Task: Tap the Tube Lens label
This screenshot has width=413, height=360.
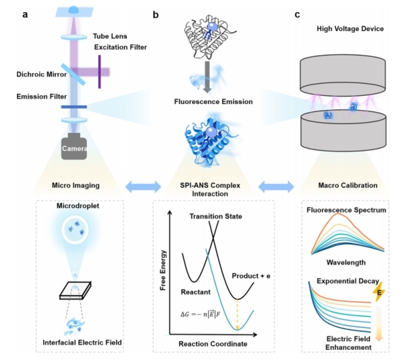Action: point(110,36)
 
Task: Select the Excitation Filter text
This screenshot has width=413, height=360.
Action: point(121,47)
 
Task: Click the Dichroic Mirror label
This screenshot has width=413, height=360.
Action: point(42,74)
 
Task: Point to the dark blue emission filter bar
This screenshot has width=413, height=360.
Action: point(74,107)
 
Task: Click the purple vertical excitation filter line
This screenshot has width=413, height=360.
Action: point(100,72)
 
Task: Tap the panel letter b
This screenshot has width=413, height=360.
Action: point(156,15)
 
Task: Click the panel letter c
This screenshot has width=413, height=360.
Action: point(297,15)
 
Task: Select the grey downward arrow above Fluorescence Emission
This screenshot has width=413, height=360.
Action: point(207,77)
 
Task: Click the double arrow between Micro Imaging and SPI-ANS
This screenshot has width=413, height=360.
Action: point(143,186)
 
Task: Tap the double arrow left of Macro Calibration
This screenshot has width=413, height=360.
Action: point(276,186)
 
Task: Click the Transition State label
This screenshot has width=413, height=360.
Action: point(216,216)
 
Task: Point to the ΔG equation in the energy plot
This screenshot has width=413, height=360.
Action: point(200,314)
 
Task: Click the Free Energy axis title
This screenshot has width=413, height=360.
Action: point(163,270)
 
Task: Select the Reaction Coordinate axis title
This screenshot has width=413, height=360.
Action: point(213,344)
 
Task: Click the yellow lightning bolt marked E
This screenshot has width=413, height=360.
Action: point(379,292)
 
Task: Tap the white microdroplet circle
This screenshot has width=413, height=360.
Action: point(75,229)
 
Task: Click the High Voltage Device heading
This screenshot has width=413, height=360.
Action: point(350,29)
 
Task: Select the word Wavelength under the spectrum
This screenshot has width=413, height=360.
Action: point(346,263)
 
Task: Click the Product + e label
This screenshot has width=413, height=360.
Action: point(251,276)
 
